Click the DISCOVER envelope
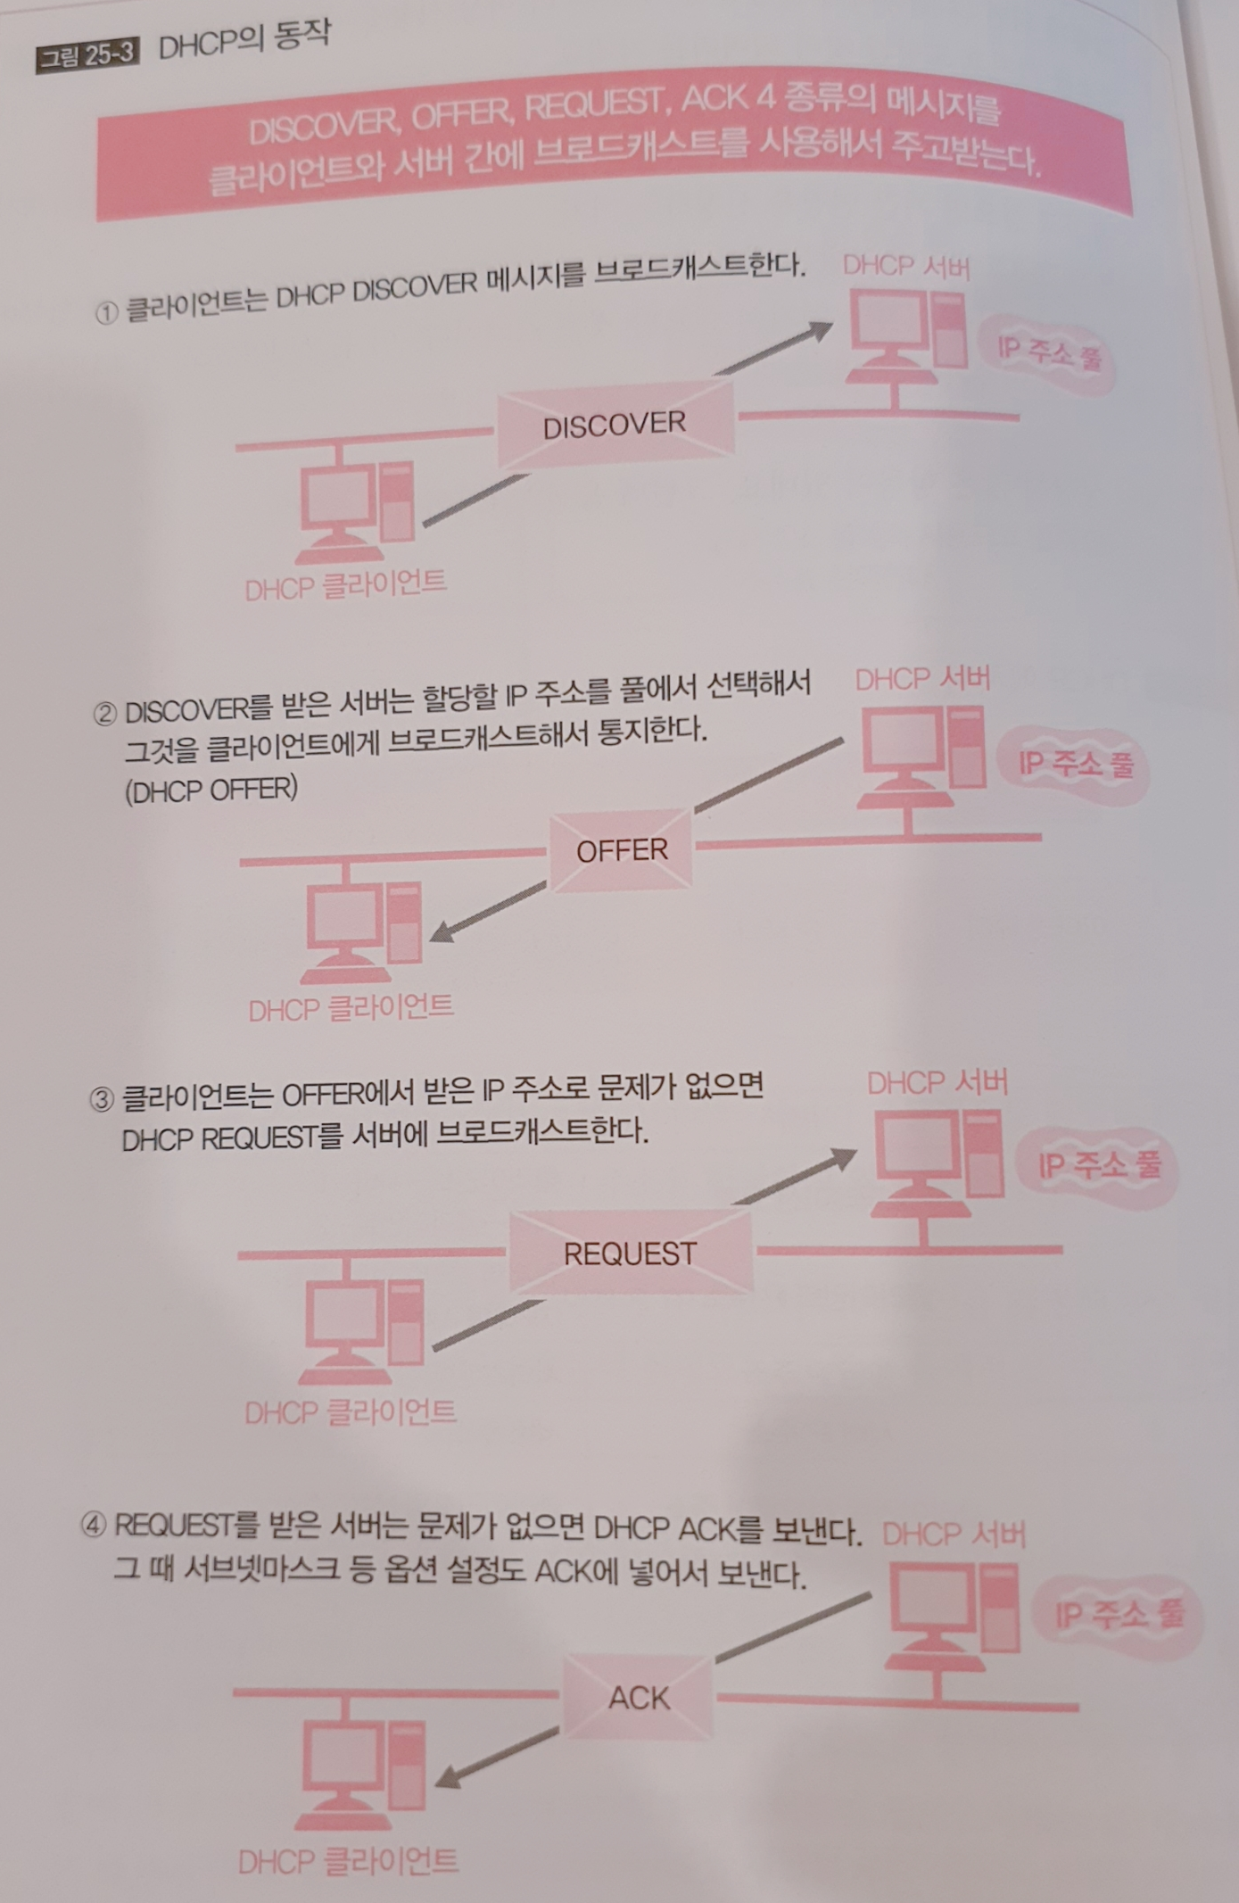click(x=615, y=425)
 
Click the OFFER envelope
click(x=622, y=850)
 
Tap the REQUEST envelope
click(x=630, y=1253)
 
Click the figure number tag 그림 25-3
click(x=87, y=55)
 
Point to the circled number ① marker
click(x=106, y=313)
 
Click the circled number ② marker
click(x=104, y=714)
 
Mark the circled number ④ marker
click(x=94, y=1527)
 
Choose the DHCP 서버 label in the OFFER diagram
click(x=922, y=679)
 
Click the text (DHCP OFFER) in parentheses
click(x=211, y=790)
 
